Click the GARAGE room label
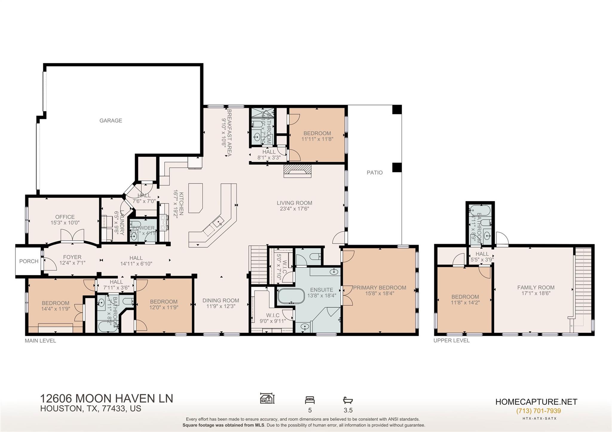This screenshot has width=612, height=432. point(111,121)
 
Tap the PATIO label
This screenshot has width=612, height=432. point(374,173)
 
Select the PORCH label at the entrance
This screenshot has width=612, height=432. point(29,261)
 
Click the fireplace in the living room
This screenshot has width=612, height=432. point(297,171)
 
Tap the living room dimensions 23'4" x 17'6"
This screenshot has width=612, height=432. point(294,209)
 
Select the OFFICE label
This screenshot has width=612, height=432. point(65,217)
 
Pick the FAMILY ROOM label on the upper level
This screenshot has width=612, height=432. point(536,288)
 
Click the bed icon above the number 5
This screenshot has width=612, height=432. point(310,400)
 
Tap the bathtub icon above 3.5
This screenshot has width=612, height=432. point(348,400)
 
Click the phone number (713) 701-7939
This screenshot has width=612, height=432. point(538,411)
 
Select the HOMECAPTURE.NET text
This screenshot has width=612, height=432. point(536,402)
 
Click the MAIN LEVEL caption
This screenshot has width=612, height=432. point(40,341)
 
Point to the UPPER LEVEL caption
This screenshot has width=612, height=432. point(452,341)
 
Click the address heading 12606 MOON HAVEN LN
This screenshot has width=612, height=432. point(106,399)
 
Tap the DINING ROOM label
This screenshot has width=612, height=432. point(221,301)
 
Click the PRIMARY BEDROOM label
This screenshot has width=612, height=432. point(380,288)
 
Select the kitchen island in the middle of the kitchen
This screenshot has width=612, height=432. point(196,197)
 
